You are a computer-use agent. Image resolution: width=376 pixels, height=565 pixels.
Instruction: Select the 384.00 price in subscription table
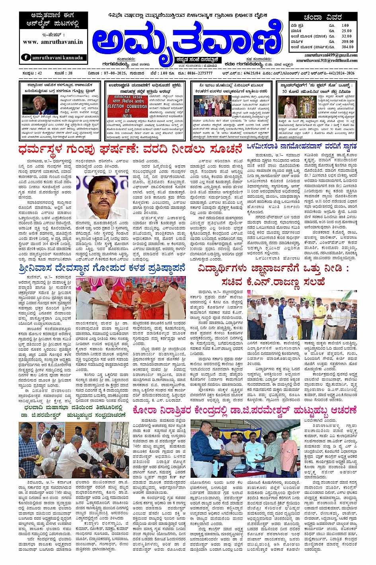click(347, 47)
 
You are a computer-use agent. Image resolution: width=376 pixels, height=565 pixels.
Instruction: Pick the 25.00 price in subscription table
click(347, 31)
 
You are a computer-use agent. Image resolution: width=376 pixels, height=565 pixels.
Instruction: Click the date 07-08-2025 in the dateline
click(110, 73)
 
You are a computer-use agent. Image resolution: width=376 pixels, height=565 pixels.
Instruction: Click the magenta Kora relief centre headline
click(245, 411)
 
